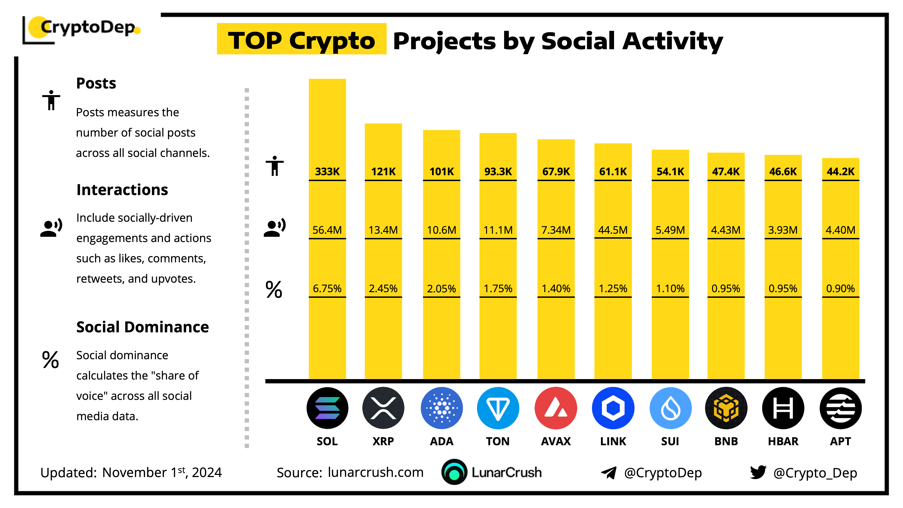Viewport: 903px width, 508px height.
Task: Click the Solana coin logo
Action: [x=327, y=408]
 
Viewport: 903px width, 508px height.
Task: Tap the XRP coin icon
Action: [x=383, y=408]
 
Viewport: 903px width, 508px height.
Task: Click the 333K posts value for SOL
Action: [x=327, y=171]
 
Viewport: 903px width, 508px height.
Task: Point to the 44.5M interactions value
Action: [x=613, y=230]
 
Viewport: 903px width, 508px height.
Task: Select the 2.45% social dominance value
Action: [x=383, y=289]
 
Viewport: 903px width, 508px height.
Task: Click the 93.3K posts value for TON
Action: [x=498, y=171]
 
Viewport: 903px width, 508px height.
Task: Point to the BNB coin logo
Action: [x=726, y=408]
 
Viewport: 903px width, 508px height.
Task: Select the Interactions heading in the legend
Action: [x=122, y=190]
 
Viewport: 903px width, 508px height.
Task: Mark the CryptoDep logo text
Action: [x=88, y=27]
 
